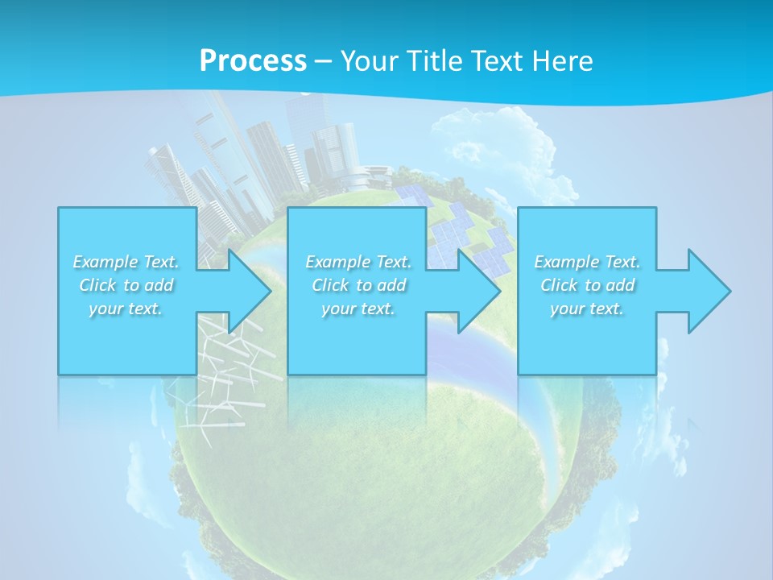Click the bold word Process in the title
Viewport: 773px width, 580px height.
(x=253, y=61)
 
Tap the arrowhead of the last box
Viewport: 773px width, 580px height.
(x=708, y=291)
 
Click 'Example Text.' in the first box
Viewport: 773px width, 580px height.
(x=126, y=262)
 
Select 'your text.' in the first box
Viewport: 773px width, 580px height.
(x=126, y=309)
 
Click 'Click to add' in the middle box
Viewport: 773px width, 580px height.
(x=358, y=285)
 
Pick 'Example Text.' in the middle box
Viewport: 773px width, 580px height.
(x=358, y=262)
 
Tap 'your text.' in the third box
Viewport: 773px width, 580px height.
(x=587, y=309)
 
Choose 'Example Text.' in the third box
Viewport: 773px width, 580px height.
(x=587, y=262)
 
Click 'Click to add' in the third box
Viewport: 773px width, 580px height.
(x=587, y=285)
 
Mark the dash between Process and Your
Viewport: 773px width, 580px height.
(x=323, y=61)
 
